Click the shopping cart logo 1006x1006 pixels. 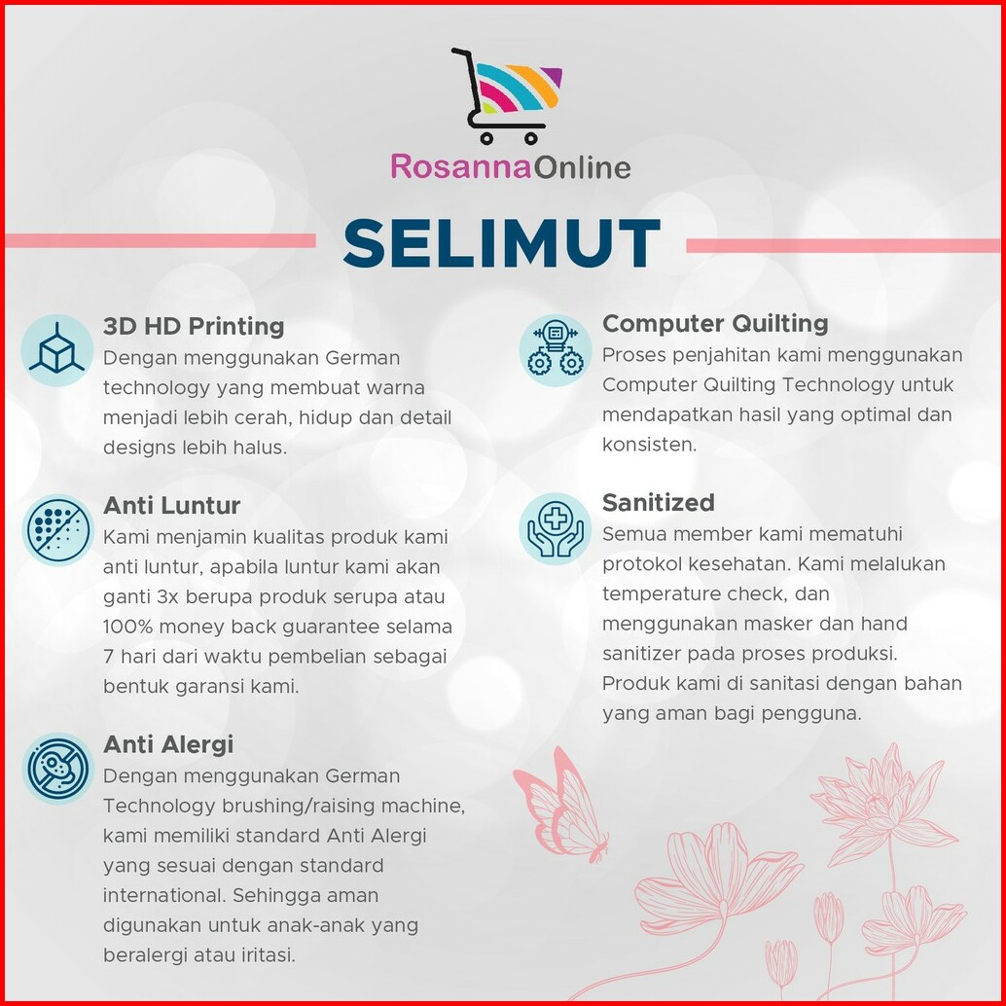pos(507,95)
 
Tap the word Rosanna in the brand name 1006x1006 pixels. pos(461,166)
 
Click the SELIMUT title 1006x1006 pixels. pos(501,243)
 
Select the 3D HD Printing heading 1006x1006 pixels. pos(194,326)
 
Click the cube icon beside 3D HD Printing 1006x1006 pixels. pos(57,350)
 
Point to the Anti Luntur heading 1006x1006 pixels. pos(171,506)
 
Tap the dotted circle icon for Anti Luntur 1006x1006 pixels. pos(57,530)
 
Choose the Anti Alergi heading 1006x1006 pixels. pos(168,744)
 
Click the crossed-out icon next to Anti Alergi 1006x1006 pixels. pos(57,769)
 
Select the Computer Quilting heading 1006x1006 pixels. pos(715,323)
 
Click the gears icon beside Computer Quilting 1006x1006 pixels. pos(556,349)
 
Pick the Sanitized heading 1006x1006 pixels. pos(659,502)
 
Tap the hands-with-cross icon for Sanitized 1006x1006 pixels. pos(556,528)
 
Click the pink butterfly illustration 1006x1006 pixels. pos(560,804)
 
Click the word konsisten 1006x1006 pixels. pos(649,445)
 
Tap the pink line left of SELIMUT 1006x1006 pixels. pos(160,240)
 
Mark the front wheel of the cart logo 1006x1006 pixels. pos(530,138)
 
